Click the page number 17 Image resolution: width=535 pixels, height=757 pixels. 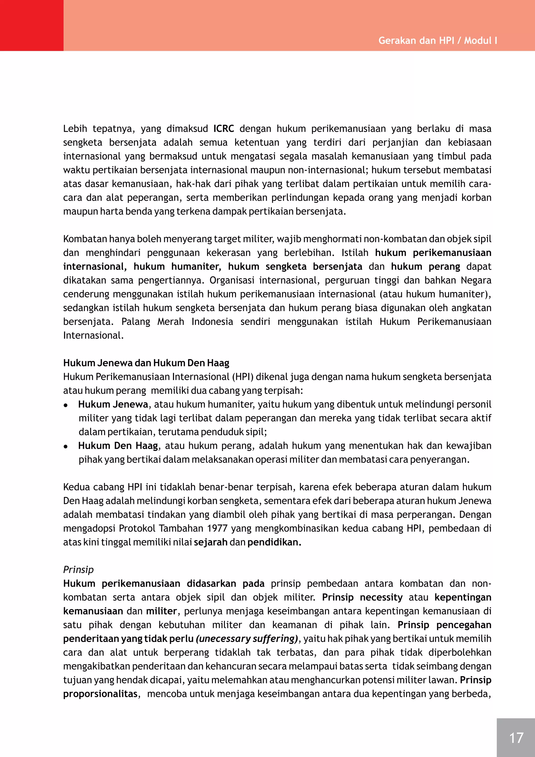pyautogui.click(x=516, y=738)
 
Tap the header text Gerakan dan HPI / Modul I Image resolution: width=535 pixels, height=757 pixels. pyautogui.click(x=438, y=41)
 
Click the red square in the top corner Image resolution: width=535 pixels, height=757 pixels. pyautogui.click(x=32, y=25)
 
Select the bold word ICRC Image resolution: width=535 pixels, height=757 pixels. pyautogui.click(x=224, y=129)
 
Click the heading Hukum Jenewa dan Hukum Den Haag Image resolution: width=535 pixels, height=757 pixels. pyautogui.click(x=146, y=363)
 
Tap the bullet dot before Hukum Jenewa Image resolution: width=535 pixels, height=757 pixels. pyautogui.click(x=66, y=405)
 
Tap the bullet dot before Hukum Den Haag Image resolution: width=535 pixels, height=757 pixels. pyautogui.click(x=66, y=446)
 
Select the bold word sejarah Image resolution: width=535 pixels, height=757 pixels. pyautogui.click(x=211, y=542)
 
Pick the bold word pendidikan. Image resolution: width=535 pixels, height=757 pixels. pyautogui.click(x=274, y=542)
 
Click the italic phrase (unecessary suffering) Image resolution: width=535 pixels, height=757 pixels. pyautogui.click(x=247, y=639)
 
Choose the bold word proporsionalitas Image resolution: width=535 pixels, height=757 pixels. pyautogui.click(x=100, y=694)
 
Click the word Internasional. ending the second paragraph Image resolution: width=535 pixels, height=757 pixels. pyautogui.click(x=93, y=335)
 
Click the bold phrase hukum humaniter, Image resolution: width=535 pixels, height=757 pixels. pyautogui.click(x=177, y=266)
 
